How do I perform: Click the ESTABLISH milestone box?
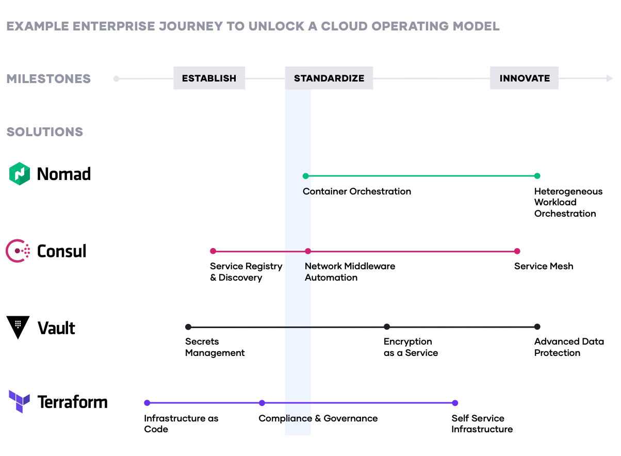point(209,78)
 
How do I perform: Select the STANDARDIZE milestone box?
point(329,78)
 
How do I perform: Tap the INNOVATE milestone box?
point(525,78)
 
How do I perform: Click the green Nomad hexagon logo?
point(20,174)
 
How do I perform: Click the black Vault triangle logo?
point(18,328)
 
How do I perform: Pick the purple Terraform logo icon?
point(20,402)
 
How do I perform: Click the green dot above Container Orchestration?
point(306,176)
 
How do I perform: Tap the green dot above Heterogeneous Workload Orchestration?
point(537,176)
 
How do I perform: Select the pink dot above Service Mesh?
point(517,251)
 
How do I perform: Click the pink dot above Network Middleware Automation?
point(308,251)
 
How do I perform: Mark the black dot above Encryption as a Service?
point(387,327)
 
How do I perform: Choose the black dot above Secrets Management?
point(188,327)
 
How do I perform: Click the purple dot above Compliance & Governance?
point(262,403)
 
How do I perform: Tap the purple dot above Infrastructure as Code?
point(147,403)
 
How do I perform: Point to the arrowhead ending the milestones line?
point(609,78)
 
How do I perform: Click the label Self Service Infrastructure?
point(482,424)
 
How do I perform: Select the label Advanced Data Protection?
point(569,347)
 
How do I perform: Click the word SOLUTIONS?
point(45,132)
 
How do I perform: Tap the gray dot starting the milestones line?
point(117,79)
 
